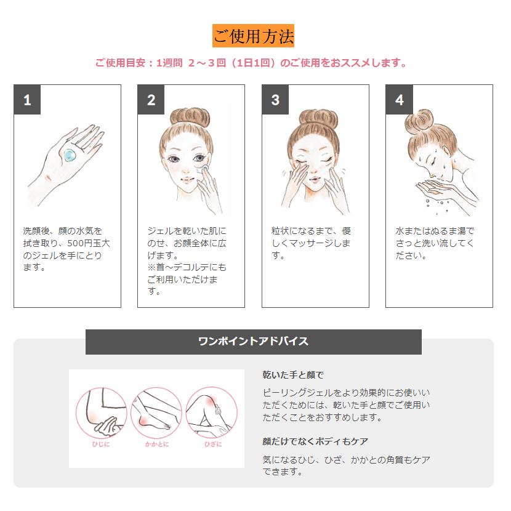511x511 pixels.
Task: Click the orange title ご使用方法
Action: (253, 36)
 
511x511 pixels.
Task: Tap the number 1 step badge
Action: (27, 99)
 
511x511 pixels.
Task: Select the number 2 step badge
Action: (151, 99)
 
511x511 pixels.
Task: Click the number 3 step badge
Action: (275, 99)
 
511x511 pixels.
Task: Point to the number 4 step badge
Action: (399, 99)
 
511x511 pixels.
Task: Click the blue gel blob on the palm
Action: (70, 155)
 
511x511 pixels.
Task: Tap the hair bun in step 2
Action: (190, 117)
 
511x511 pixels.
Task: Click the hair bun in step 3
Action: (318, 118)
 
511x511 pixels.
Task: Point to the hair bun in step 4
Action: (419, 121)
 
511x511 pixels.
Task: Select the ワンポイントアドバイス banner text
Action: (253, 341)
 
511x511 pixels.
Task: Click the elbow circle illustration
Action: (101, 413)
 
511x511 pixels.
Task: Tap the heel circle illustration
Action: (156, 413)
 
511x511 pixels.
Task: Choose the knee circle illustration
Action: (212, 413)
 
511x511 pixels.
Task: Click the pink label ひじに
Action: (101, 444)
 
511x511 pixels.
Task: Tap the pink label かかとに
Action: (157, 444)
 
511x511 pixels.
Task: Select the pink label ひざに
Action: (213, 444)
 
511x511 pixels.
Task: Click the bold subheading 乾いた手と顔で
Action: (293, 375)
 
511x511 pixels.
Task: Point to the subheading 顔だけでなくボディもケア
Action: (315, 441)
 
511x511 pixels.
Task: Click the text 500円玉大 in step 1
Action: (89, 243)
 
